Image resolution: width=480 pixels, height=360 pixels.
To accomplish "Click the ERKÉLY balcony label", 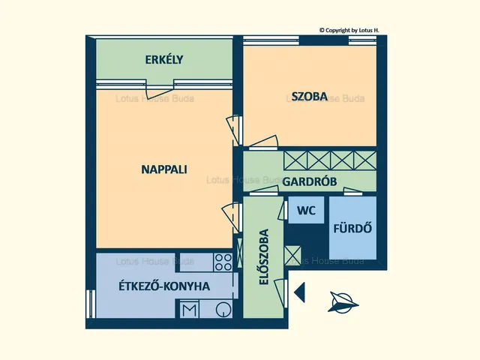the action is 164,60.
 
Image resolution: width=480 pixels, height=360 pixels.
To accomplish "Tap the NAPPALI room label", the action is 164,169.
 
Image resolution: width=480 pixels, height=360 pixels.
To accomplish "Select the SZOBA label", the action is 309,97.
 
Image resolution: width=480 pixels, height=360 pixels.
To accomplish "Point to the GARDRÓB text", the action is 310,181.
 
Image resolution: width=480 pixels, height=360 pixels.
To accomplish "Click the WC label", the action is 306,211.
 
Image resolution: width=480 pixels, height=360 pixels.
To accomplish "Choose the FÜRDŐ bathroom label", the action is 352,228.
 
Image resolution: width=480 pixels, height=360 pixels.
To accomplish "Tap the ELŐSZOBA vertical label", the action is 264,256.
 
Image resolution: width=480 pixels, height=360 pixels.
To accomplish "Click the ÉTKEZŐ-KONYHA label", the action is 164,286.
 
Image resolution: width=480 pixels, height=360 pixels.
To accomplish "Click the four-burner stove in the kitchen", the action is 223,262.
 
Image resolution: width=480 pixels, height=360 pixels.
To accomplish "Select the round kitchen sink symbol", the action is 223,309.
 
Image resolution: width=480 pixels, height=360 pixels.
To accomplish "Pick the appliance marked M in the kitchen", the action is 189,310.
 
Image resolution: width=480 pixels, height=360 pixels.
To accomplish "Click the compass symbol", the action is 342,302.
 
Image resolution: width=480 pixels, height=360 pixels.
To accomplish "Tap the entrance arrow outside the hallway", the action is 299,292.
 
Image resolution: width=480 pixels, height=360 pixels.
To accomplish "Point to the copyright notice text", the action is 349,30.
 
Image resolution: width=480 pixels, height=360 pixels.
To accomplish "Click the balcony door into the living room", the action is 160,89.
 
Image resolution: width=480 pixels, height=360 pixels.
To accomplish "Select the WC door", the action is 283,210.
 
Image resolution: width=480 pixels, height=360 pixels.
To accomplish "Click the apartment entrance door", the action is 281,292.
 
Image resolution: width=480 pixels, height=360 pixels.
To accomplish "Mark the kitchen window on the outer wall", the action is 91,304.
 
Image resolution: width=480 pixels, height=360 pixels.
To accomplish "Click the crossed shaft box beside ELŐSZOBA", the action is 292,256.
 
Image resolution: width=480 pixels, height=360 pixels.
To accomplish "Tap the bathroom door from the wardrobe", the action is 352,192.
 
